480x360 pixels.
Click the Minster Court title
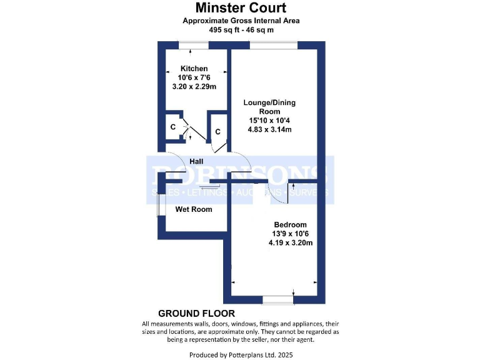coord(241,7)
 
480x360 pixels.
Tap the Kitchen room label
coord(194,68)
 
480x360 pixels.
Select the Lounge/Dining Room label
coord(270,107)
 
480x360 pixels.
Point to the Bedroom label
coord(290,225)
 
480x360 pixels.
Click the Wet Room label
coord(193,209)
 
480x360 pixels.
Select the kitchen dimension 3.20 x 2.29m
coord(194,86)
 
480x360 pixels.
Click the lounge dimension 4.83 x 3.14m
coord(270,130)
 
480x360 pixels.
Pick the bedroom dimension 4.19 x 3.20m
coord(290,243)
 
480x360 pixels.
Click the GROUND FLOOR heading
coord(196,313)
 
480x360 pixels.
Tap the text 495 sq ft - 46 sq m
coord(241,29)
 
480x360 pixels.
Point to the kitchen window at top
coord(193,45)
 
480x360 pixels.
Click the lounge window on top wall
coord(274,45)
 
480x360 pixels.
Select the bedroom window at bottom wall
coord(278,301)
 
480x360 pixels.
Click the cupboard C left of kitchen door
coord(172,127)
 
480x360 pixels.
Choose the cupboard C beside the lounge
coord(217,132)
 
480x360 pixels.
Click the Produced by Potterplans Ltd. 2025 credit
coord(241,355)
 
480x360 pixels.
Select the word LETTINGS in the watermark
coord(208,193)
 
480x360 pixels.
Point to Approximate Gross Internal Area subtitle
coord(241,21)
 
